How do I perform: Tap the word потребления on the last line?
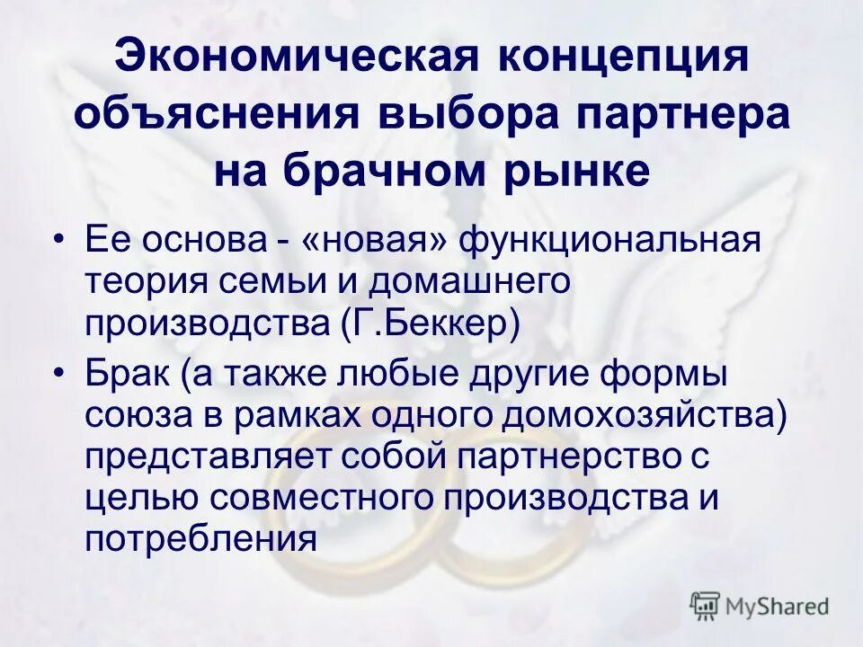201,538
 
